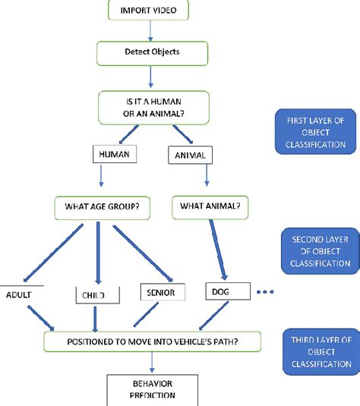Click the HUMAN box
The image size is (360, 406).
tap(113, 155)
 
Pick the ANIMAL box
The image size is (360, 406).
tap(189, 155)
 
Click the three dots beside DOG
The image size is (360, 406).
tap(265, 292)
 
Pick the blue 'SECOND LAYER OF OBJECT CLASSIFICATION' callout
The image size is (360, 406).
tap(319, 250)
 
